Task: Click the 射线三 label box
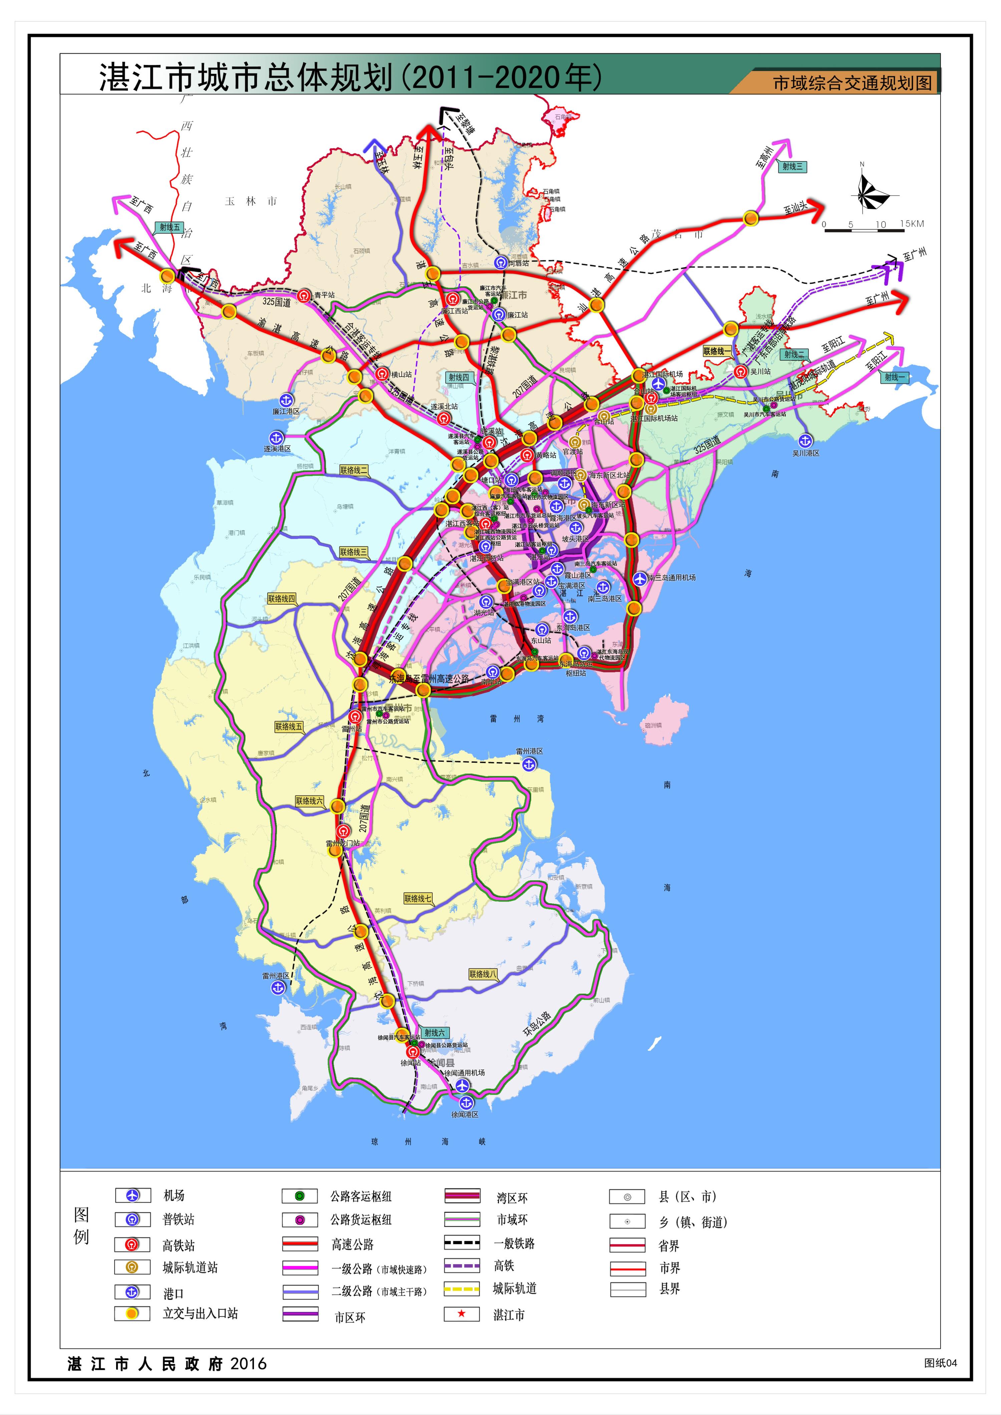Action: pos(793,166)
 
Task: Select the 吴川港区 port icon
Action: pos(805,440)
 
